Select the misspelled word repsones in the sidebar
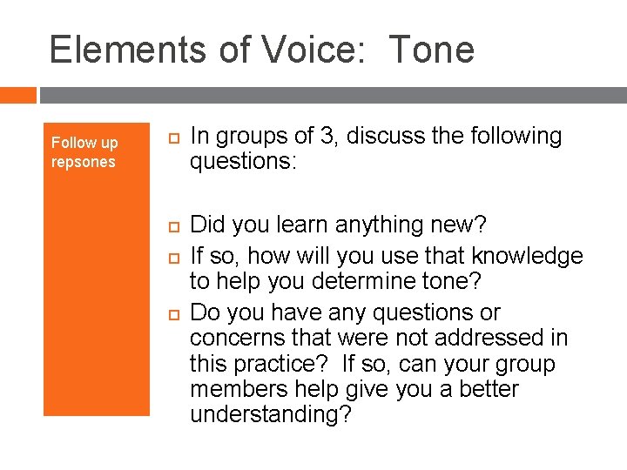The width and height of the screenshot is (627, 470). click(83, 163)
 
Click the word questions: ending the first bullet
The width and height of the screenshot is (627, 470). click(245, 162)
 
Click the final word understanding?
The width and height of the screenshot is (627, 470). click(271, 415)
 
